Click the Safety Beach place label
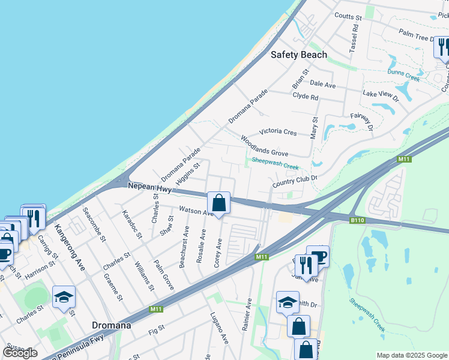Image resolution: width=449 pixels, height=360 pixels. click(299, 55)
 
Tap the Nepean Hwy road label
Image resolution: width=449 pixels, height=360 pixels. click(149, 187)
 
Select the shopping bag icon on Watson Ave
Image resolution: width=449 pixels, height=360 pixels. click(219, 203)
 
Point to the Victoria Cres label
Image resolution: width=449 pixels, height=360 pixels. click(277, 131)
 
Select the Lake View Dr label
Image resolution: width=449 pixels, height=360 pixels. click(381, 94)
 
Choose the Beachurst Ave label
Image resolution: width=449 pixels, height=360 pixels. click(184, 248)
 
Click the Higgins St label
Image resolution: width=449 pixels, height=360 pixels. click(188, 173)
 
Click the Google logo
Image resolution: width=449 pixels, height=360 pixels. click(20, 353)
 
